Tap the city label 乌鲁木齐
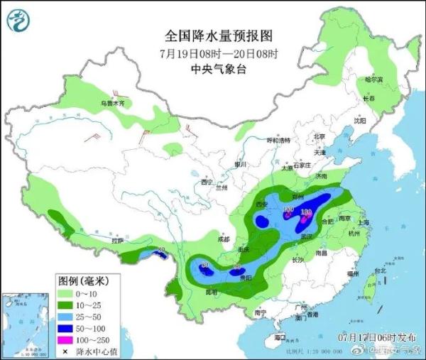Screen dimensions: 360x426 pyautogui.click(x=116, y=104)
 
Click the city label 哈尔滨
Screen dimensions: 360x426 pyautogui.click(x=373, y=80)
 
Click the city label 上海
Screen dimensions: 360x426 pyautogui.click(x=364, y=222)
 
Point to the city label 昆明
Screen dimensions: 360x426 pyautogui.click(x=211, y=292)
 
